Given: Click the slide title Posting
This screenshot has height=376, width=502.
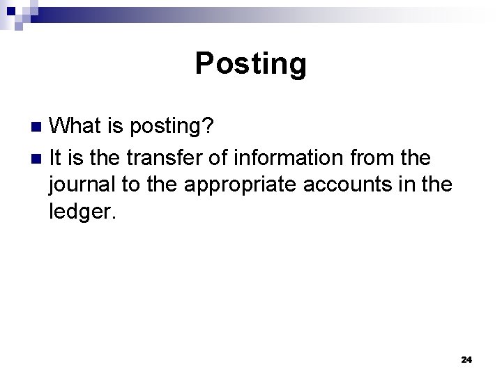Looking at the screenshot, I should point(250,63).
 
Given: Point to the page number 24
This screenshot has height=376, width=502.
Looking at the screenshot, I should point(466,359).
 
